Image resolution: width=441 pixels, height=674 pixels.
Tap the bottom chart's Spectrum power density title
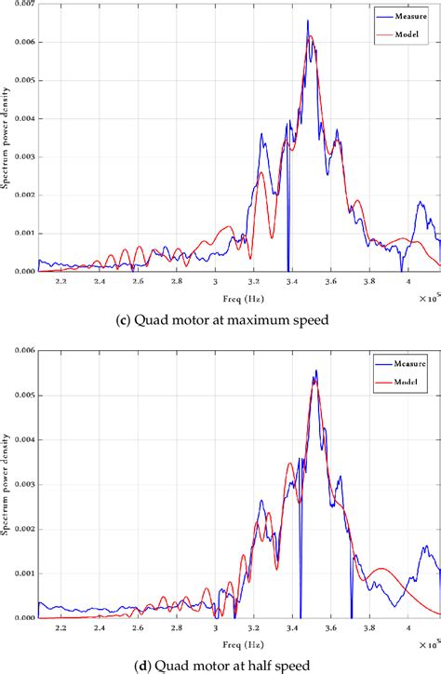click(7, 484)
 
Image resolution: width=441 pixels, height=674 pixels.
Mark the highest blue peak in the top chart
click(308, 21)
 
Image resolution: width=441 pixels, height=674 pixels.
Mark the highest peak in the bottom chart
click(315, 371)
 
